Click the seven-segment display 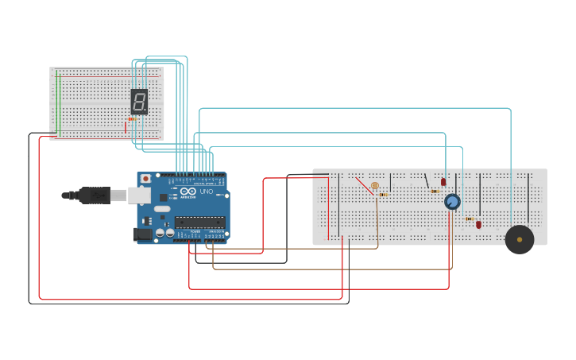point(139,101)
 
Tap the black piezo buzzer point(520,239)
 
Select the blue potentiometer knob point(452,202)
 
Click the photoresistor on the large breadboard point(375,185)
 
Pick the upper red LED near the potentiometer point(443,182)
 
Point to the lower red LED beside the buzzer point(478,225)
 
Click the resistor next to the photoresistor point(383,195)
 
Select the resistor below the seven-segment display point(132,119)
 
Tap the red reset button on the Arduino point(145,179)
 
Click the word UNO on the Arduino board point(205,192)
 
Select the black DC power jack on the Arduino point(142,234)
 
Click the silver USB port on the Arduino point(140,195)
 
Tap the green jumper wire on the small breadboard point(57,103)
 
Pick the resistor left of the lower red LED point(469,219)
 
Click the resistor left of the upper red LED point(434,191)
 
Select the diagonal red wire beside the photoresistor point(364,185)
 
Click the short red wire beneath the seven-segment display point(126,127)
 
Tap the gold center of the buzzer point(520,239)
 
